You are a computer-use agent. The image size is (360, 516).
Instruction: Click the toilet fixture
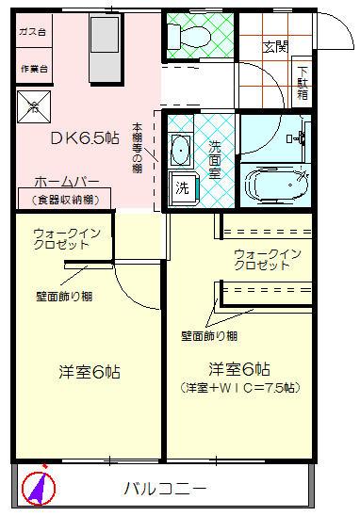[180, 36]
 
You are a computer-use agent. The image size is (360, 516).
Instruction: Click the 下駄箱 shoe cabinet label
[303, 80]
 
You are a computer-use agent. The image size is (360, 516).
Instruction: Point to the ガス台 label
[32, 31]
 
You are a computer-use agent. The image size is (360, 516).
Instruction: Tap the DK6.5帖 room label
[85, 137]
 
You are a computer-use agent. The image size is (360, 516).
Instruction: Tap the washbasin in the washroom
[179, 149]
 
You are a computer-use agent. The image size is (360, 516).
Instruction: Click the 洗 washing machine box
[180, 186]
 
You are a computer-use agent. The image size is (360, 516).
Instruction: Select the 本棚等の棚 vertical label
[137, 149]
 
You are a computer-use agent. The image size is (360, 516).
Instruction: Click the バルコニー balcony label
[165, 489]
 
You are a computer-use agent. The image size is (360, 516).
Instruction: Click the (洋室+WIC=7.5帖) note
[238, 387]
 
